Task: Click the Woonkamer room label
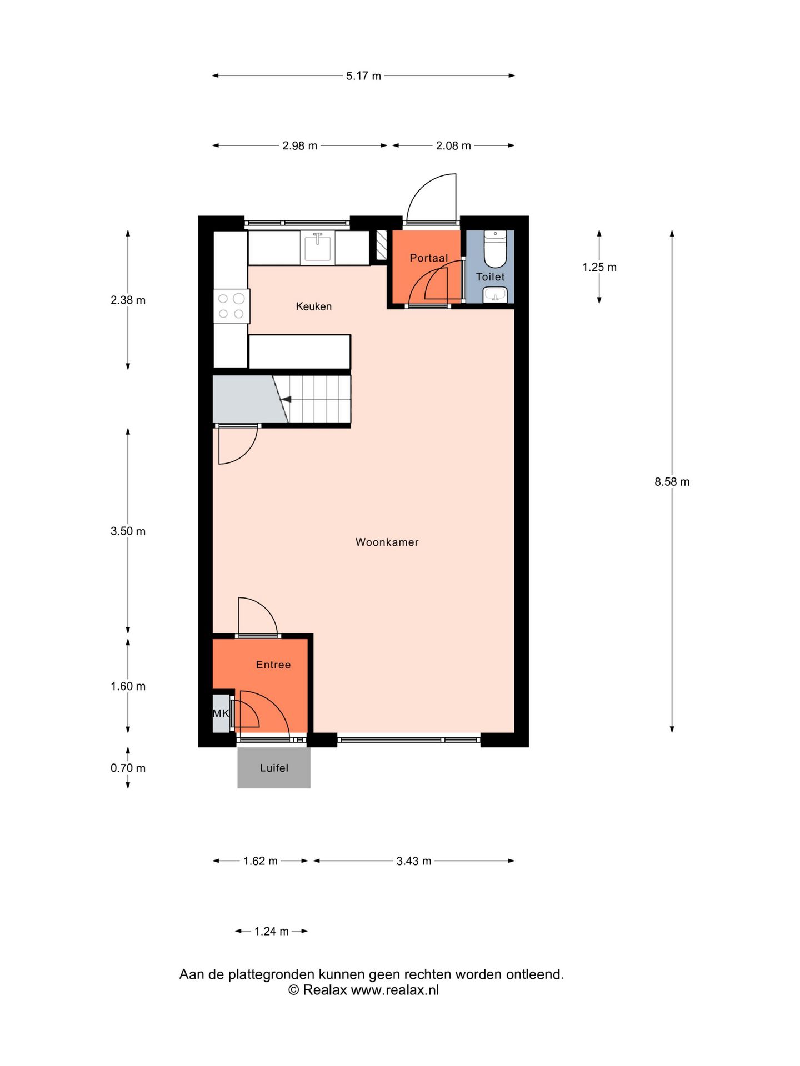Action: coord(387,542)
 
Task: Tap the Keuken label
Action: coord(313,306)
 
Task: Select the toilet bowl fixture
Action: coord(495,250)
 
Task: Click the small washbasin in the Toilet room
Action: coord(494,294)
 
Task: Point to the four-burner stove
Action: coord(232,306)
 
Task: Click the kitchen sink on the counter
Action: coord(318,248)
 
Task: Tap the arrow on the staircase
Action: coord(286,399)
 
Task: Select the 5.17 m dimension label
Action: coord(363,76)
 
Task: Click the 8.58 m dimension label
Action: coord(672,481)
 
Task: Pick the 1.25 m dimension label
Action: coord(599,267)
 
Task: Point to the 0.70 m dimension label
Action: coord(128,768)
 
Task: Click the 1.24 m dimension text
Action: coord(271,931)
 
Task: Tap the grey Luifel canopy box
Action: coord(274,768)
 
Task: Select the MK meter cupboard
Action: coord(221,713)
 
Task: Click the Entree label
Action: coord(273,665)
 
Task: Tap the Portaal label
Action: coord(428,258)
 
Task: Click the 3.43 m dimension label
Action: coord(413,861)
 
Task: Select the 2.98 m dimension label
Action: coord(299,145)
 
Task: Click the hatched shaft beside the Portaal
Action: coord(381,245)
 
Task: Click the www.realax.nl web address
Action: coord(394,990)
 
